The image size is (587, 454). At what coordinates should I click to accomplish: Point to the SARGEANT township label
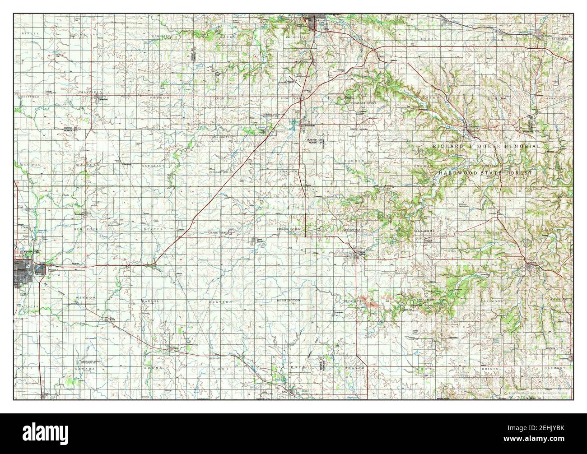tap(152, 166)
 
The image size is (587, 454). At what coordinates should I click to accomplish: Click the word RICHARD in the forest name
tap(447, 147)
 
